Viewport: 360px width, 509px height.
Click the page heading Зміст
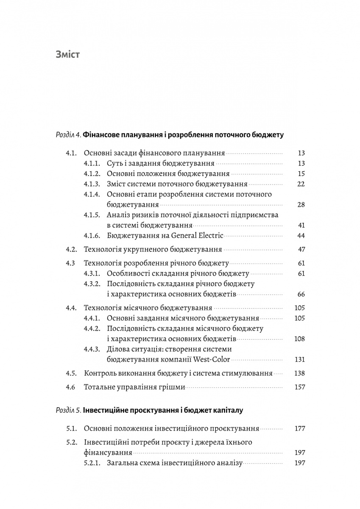tap(67, 55)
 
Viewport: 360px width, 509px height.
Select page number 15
tap(301, 173)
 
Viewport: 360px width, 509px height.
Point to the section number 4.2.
tap(71, 249)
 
